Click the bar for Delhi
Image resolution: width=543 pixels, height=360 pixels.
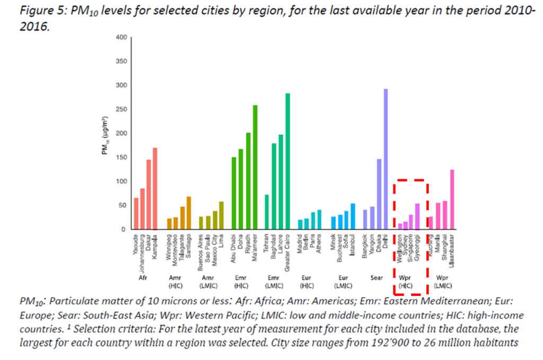[x=386, y=159]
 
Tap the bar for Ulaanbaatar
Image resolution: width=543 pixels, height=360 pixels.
[x=452, y=199]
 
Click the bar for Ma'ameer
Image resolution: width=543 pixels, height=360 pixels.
[x=255, y=167]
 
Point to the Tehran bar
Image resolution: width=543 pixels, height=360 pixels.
[x=267, y=212]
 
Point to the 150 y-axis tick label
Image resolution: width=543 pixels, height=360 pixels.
[x=120, y=157]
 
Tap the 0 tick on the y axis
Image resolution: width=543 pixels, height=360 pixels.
[x=123, y=230]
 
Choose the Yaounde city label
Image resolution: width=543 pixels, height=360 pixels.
[x=136, y=247]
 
